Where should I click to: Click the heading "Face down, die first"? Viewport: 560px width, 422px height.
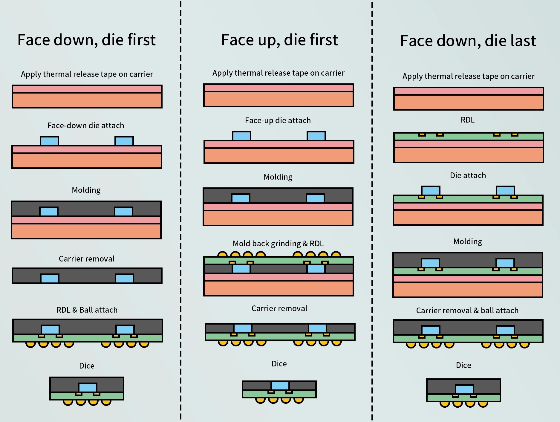(87, 40)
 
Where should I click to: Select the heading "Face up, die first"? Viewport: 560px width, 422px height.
(279, 40)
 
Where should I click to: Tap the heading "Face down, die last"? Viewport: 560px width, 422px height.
(468, 41)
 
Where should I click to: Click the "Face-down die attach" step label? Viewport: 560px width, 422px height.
(86, 126)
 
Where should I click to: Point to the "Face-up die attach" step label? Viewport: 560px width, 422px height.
(278, 120)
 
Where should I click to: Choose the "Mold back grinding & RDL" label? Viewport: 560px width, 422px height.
(278, 244)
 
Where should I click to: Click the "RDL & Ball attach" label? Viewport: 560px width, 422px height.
(87, 310)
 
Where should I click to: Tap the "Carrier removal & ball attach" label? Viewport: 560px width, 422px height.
(467, 311)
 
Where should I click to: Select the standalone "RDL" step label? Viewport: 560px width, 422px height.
(468, 120)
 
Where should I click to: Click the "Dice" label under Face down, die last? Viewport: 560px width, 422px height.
(463, 365)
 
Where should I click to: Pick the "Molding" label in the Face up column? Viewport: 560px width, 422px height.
(278, 177)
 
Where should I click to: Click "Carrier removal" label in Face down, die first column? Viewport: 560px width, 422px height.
(87, 259)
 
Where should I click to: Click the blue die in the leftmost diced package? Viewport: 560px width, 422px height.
(88, 388)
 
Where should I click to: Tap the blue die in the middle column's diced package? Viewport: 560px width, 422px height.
(280, 386)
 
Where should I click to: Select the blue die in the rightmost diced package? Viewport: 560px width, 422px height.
(464, 389)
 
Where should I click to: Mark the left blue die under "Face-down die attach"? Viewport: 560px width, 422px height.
(50, 141)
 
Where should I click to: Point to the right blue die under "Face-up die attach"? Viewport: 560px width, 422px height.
(316, 136)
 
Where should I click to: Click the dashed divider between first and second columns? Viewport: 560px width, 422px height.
(181, 209)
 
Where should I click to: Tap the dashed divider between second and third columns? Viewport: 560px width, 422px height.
(372, 209)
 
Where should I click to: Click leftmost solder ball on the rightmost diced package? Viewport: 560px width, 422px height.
(445, 404)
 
